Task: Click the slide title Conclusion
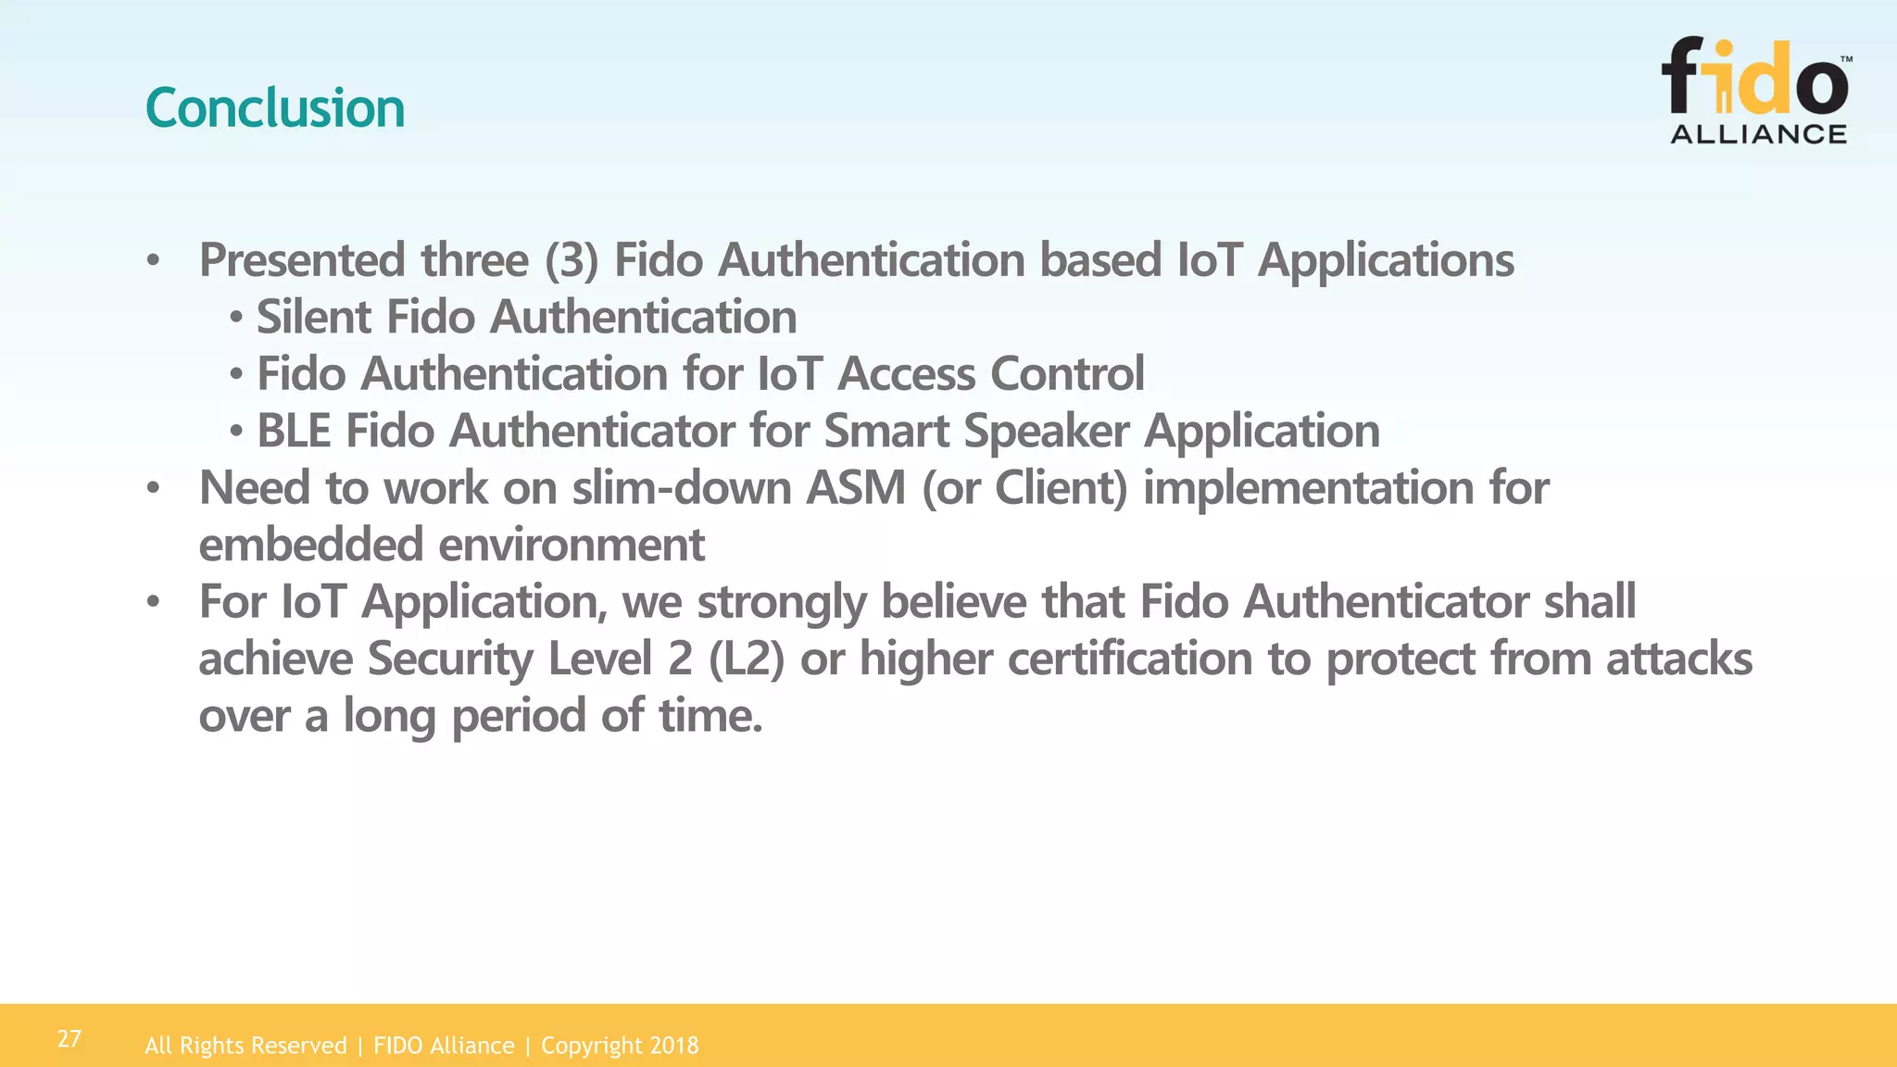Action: (275, 108)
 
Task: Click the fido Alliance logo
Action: (1757, 90)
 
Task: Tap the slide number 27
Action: (69, 1038)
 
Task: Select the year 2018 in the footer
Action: (674, 1046)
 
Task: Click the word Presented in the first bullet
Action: (302, 260)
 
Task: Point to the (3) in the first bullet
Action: (572, 260)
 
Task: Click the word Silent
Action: (313, 318)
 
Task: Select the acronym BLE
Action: (294, 432)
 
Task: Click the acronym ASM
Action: (855, 488)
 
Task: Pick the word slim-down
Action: (681, 488)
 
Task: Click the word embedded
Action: (311, 546)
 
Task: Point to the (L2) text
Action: (747, 659)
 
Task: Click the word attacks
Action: (1678, 659)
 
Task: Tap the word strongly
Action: (781, 603)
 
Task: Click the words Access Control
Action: (990, 374)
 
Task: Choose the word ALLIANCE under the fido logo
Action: (1758, 134)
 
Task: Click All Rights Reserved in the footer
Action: (245, 1046)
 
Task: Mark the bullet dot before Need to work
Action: (154, 488)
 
